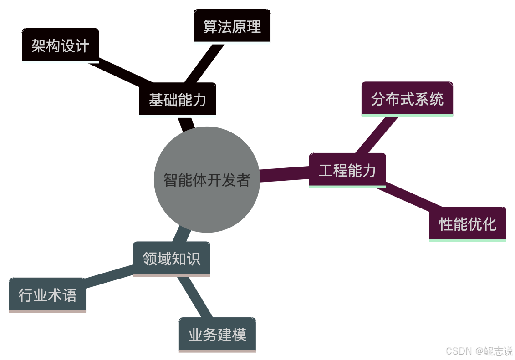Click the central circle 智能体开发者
click(207, 180)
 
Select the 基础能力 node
click(178, 99)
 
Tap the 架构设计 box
click(60, 45)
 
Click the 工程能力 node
click(347, 170)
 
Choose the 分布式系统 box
click(407, 98)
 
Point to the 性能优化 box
click(467, 223)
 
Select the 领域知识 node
click(171, 259)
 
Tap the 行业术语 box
click(47, 294)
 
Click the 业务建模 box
click(217, 335)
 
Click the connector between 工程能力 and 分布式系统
click(377, 135)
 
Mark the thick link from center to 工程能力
click(285, 175)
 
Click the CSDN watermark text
click(479, 350)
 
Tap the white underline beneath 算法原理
click(232, 43)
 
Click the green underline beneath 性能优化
click(467, 240)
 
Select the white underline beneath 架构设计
click(60, 62)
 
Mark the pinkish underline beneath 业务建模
click(217, 351)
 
